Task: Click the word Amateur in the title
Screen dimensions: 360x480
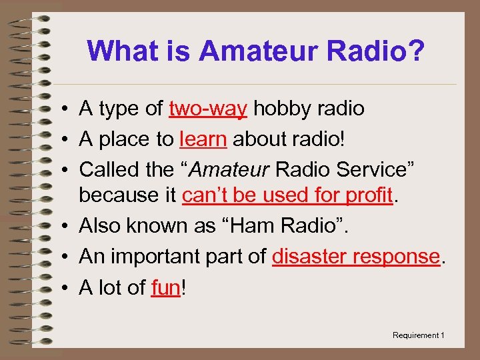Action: pos(251,51)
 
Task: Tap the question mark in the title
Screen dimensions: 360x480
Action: pos(413,51)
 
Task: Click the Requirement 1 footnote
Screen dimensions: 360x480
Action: pos(418,335)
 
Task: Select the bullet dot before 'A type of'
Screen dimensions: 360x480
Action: pos(61,109)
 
